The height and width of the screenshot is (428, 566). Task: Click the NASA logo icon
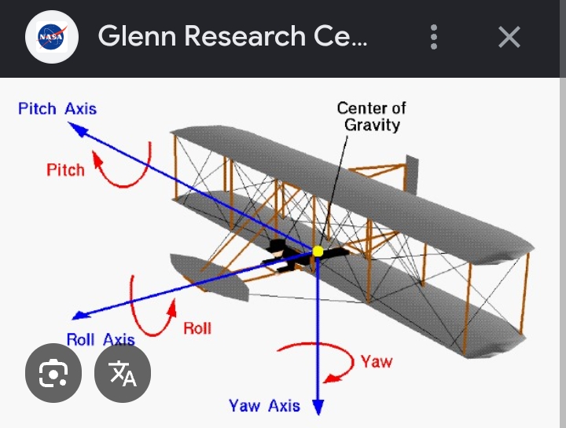click(x=52, y=37)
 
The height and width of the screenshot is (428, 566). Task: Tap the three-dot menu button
click(x=434, y=37)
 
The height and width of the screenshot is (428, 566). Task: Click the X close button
click(x=509, y=37)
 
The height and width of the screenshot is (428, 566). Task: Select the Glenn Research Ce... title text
click(x=233, y=36)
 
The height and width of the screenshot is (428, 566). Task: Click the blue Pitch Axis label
click(x=57, y=108)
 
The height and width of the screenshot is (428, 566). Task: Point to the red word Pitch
click(x=65, y=170)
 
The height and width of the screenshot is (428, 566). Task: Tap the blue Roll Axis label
click(x=101, y=340)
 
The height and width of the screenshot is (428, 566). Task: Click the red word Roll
click(x=197, y=328)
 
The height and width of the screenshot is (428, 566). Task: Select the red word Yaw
click(x=377, y=362)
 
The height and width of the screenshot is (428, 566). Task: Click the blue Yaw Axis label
click(x=264, y=406)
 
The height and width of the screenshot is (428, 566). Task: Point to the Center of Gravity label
click(x=371, y=116)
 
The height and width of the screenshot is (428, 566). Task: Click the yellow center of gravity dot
click(x=318, y=251)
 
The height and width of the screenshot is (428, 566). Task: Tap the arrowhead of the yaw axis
click(x=318, y=408)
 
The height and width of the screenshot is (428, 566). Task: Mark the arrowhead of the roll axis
click(x=80, y=315)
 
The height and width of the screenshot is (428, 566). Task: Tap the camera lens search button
click(x=53, y=373)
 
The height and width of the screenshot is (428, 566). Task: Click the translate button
click(x=123, y=373)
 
